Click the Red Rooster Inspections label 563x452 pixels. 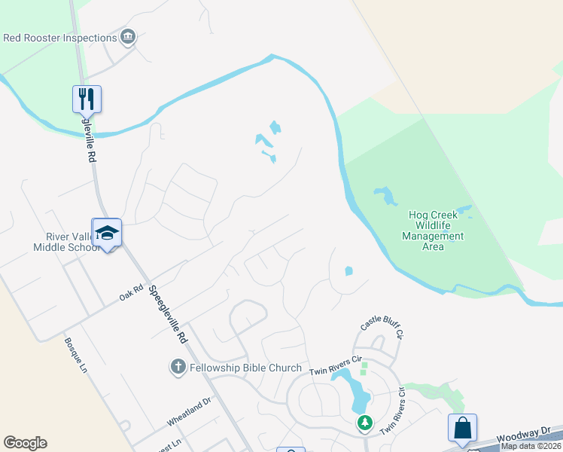(60, 38)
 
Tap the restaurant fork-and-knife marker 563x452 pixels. (87, 99)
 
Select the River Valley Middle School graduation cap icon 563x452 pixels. (107, 233)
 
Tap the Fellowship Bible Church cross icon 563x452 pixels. (178, 367)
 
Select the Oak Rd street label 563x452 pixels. (131, 292)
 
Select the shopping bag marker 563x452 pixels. (462, 428)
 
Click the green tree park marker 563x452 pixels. (365, 423)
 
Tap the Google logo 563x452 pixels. (25, 443)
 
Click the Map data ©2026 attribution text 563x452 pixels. (531, 446)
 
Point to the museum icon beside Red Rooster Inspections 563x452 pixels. (128, 37)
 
